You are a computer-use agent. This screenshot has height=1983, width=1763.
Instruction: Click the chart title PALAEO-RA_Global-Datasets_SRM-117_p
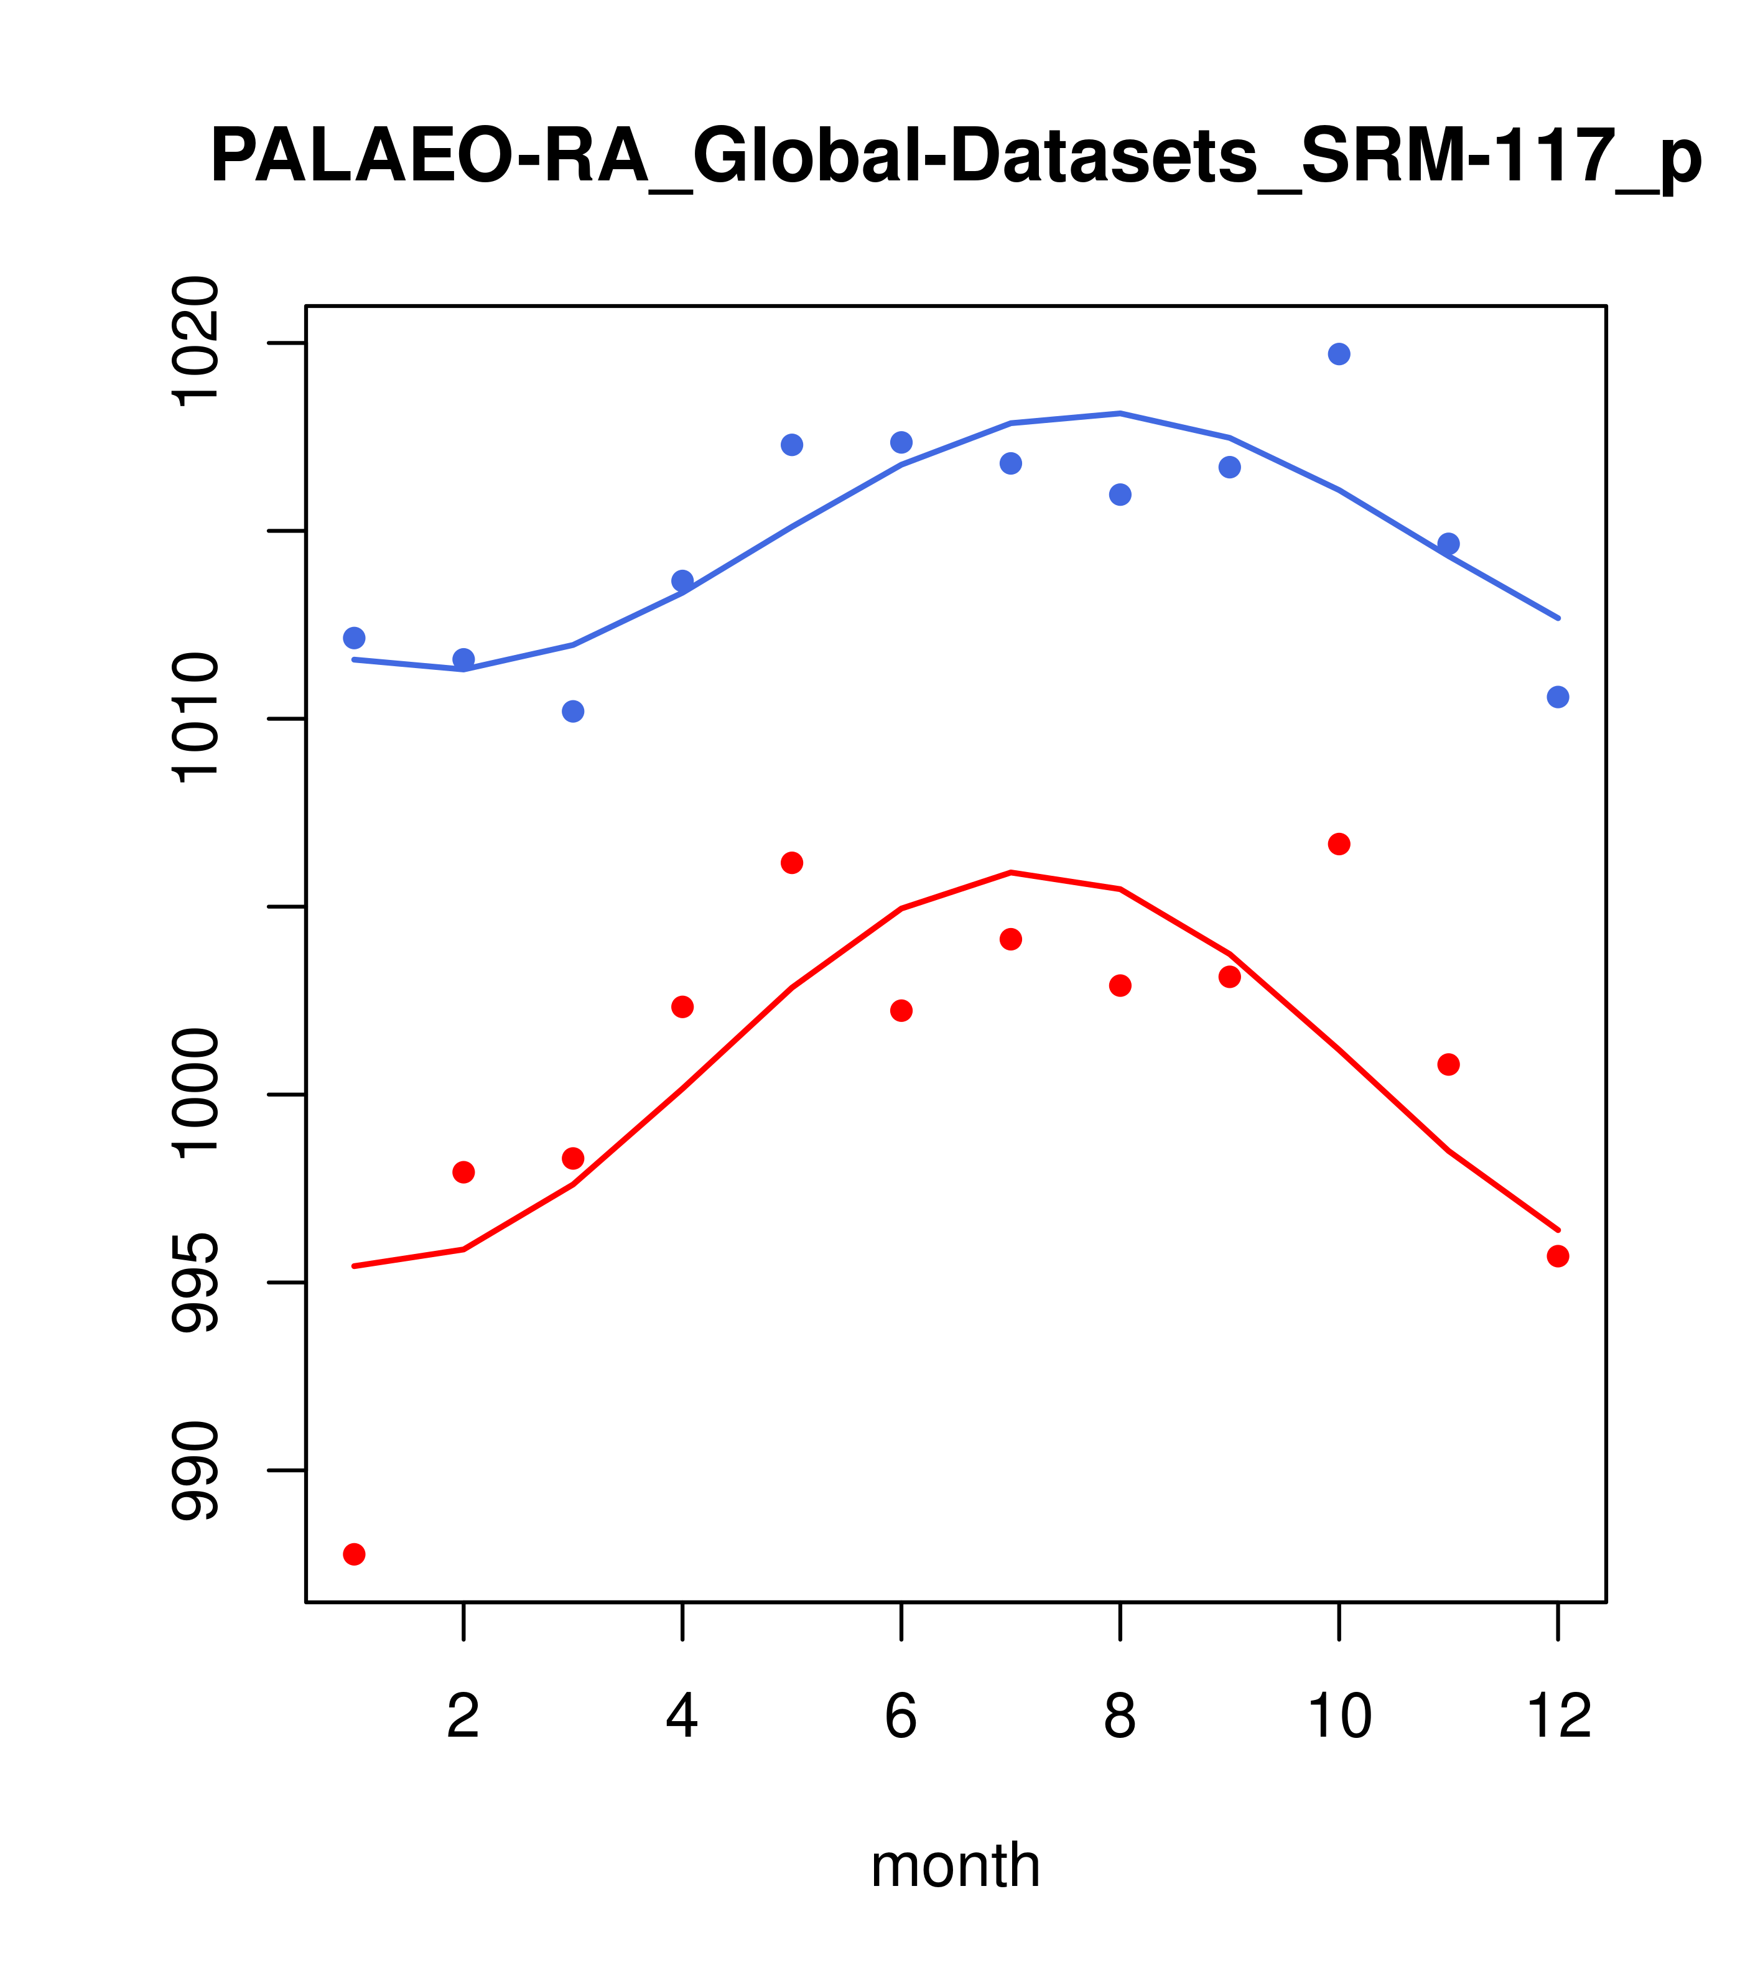coord(956,157)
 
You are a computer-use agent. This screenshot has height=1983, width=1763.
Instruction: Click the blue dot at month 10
coord(1339,354)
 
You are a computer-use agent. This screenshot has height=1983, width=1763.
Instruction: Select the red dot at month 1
coord(354,1554)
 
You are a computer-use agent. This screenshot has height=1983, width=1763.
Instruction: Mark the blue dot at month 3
coord(574,711)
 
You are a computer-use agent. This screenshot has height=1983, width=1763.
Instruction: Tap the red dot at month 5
coord(792,863)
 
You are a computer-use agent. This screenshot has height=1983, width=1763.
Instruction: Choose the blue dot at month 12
coord(1558,697)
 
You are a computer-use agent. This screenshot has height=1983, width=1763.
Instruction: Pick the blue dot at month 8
coord(1120,495)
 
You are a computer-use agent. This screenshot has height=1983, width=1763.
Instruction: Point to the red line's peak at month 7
coord(1011,872)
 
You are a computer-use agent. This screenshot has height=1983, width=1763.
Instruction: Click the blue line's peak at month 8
coord(1120,413)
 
